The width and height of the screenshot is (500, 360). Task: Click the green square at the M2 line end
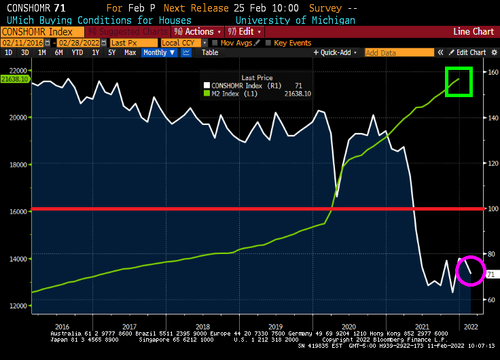click(459, 82)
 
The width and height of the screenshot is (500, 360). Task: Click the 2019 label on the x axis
click(274, 326)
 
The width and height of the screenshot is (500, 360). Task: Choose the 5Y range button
click(112, 52)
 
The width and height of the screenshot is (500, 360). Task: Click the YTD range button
click(77, 52)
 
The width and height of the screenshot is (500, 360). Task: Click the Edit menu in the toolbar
click(245, 32)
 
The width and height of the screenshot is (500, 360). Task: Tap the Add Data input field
click(399, 52)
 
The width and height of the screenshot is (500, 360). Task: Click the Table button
click(210, 52)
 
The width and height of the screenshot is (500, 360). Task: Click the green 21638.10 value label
click(14, 79)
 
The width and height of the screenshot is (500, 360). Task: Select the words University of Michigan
click(295, 20)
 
